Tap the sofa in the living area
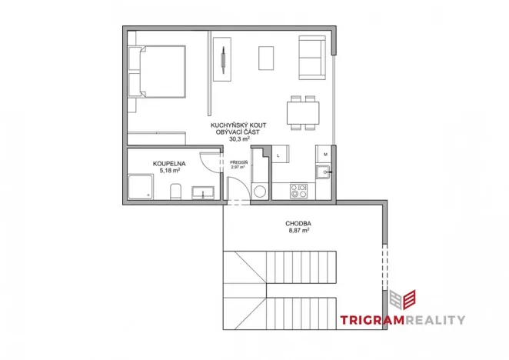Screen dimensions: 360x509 click(311, 58)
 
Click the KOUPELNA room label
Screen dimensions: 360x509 click(166, 164)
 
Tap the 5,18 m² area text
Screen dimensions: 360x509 click(166, 172)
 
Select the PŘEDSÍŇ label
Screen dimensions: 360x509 click(238, 162)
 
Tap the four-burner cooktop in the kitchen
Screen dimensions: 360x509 click(298, 189)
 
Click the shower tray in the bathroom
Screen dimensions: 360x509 click(140, 187)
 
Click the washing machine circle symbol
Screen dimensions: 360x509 click(260, 190)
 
